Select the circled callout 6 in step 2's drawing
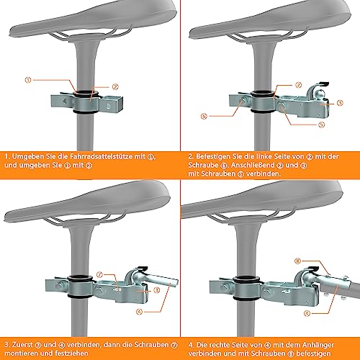tap(204, 114)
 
